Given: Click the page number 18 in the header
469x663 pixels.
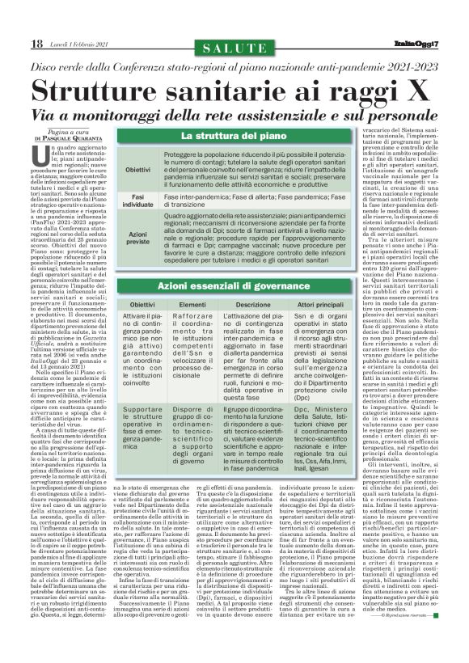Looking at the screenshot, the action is [x=14, y=43].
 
